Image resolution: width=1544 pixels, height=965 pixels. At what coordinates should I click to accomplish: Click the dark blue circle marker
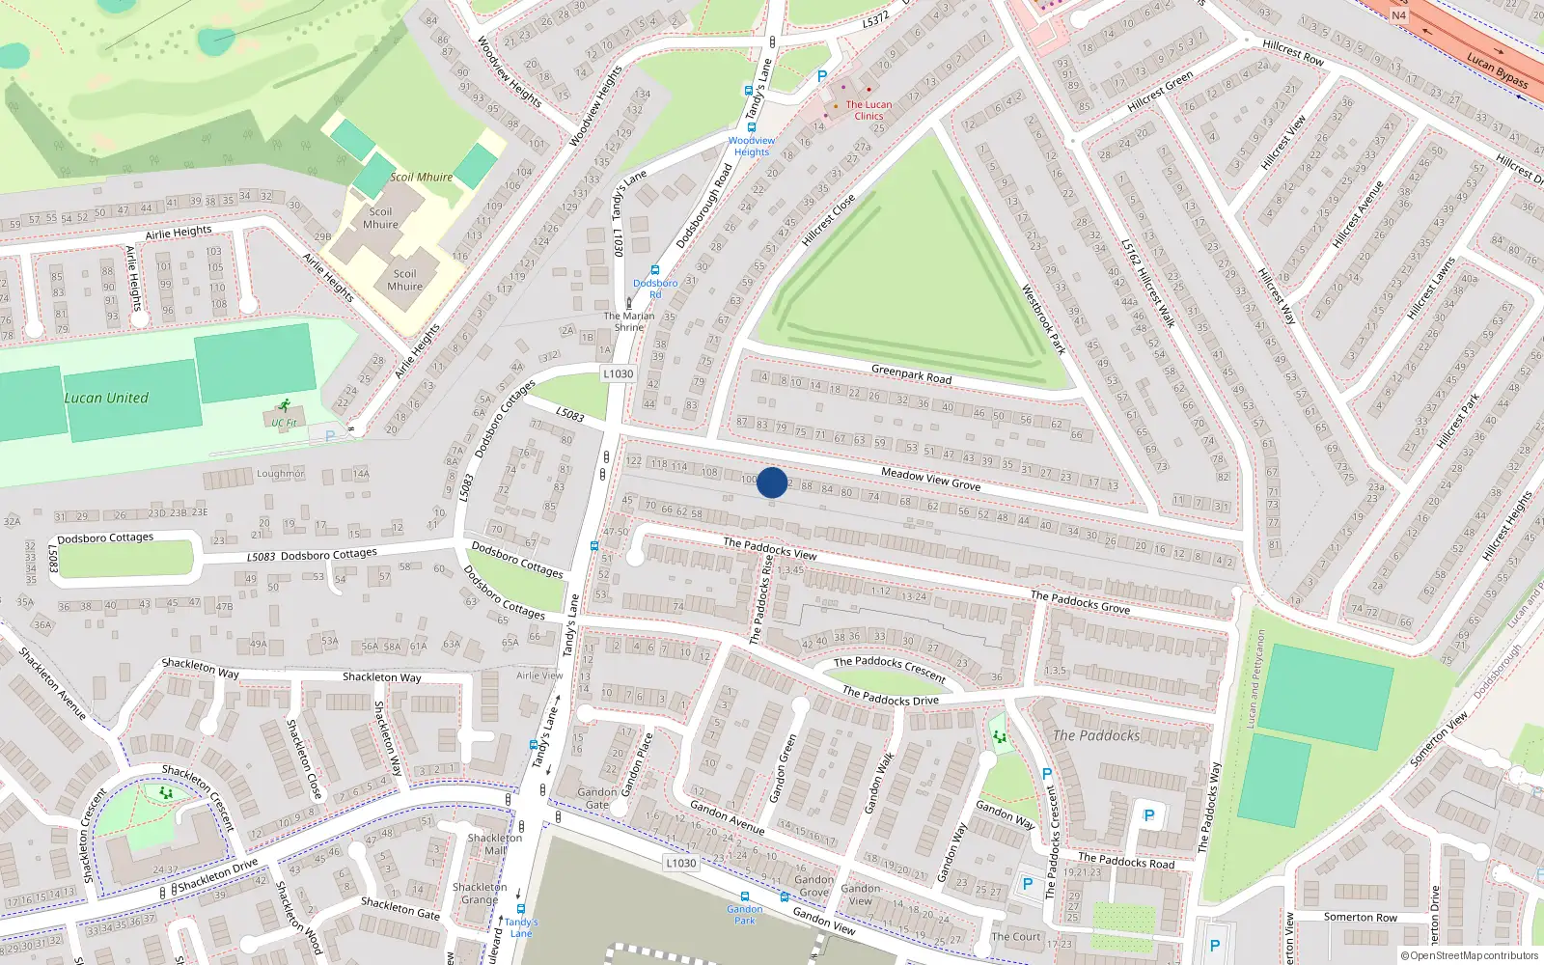click(x=772, y=482)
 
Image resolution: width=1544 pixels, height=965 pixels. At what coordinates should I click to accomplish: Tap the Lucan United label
click(x=106, y=398)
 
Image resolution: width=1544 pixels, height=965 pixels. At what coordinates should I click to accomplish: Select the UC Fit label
click(x=284, y=423)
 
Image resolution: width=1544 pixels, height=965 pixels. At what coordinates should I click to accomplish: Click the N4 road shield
click(x=1398, y=15)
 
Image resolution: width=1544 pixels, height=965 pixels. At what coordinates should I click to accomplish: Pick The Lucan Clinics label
click(x=868, y=110)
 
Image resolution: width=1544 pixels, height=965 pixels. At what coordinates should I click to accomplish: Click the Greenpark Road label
click(x=911, y=373)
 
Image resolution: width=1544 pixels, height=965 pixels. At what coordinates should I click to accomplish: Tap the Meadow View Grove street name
click(x=930, y=479)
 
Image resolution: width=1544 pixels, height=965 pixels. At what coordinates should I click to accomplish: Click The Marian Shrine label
click(x=629, y=321)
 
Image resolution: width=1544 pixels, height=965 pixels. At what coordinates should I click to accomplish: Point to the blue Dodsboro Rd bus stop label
click(x=655, y=289)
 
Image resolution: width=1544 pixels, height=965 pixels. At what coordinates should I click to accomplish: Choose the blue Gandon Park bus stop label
click(x=744, y=915)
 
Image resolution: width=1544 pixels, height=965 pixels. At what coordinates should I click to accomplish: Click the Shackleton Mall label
click(x=494, y=844)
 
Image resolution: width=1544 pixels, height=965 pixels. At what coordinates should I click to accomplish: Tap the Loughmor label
click(x=280, y=474)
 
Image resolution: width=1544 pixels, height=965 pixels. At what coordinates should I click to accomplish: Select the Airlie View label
click(x=539, y=675)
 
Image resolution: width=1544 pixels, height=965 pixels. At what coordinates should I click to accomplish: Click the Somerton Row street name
click(x=1360, y=917)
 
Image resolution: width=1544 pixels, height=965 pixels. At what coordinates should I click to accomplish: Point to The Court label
click(x=1015, y=936)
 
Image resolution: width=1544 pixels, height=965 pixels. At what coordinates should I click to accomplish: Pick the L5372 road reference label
click(x=875, y=19)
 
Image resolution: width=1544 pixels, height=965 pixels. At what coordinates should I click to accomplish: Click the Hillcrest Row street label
click(x=1293, y=52)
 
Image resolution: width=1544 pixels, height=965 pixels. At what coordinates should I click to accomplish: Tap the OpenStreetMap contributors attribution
click(x=1469, y=956)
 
